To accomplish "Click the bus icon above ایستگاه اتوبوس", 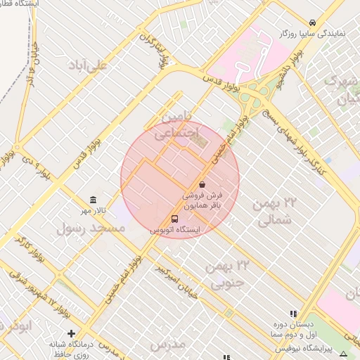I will tap(175, 219).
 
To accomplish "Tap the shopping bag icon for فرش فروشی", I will tap(202, 184).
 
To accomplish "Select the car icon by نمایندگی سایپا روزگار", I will tap(312, 22).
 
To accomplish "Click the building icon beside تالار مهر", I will tap(94, 200).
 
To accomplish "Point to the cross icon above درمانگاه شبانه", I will tap(71, 333).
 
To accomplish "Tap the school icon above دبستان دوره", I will tap(293, 314).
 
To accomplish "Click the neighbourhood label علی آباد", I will tap(89, 66).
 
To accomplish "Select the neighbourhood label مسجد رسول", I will tap(90, 229).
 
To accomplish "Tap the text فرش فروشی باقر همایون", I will tap(202, 201).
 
